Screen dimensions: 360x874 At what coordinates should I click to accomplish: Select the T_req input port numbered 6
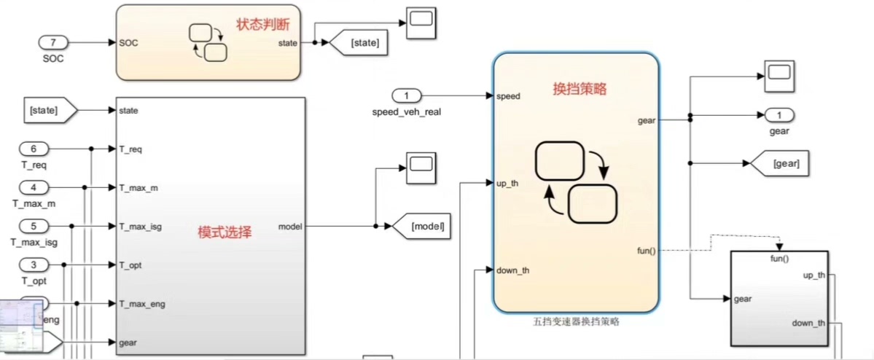(33, 149)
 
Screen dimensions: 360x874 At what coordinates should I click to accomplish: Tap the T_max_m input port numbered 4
(33, 187)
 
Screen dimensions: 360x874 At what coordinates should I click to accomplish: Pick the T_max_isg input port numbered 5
(33, 226)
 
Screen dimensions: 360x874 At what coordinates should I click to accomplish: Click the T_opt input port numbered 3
(33, 264)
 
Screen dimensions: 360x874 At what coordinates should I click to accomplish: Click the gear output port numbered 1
(779, 115)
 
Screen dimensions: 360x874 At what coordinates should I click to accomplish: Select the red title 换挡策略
(580, 89)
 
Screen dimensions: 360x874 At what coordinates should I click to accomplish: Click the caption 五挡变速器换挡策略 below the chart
(576, 321)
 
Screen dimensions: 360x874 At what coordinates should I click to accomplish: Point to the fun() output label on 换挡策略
(646, 251)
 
